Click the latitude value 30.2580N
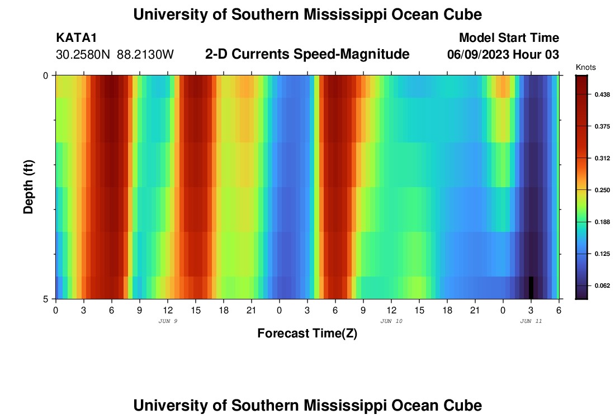tap(84, 55)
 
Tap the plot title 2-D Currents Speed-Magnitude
tap(307, 54)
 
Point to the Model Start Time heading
tap(508, 38)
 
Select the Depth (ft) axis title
tap(29, 187)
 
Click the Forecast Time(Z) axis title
tap(307, 334)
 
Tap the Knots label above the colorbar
tap(586, 67)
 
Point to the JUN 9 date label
tap(168, 321)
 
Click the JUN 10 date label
tap(391, 321)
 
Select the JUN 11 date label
tap(531, 321)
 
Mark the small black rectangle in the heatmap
tap(531, 287)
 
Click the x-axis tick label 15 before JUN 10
tap(195, 310)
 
